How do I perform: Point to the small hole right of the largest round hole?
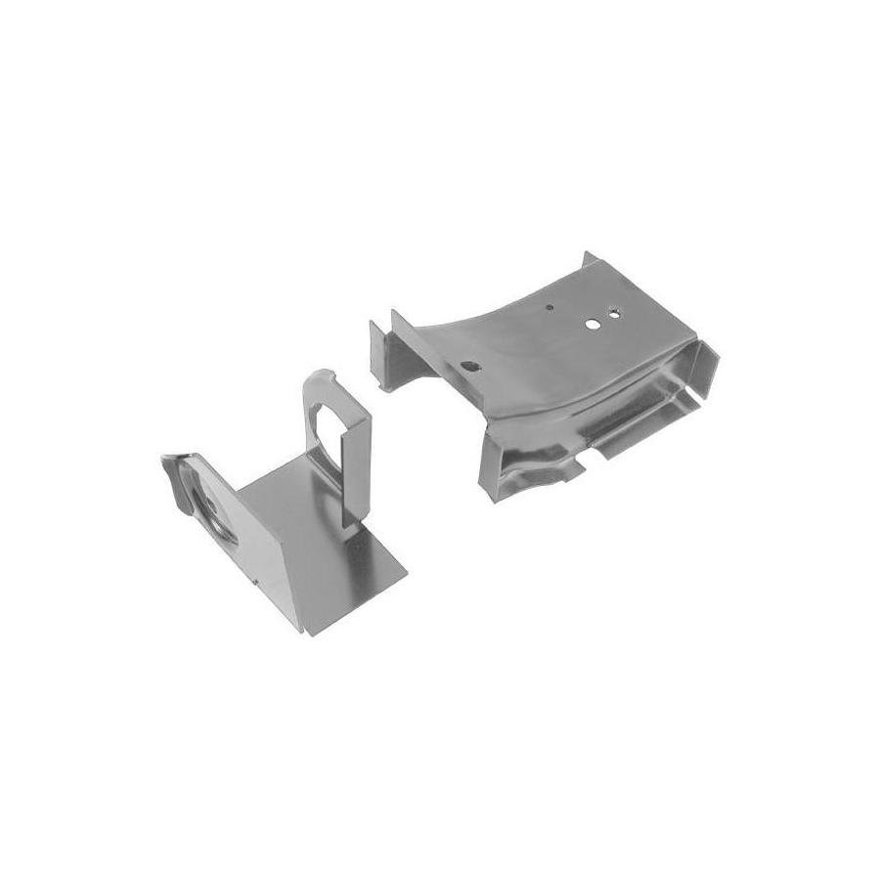[614, 314]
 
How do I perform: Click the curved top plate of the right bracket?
[528, 342]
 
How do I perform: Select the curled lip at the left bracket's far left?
[172, 466]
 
